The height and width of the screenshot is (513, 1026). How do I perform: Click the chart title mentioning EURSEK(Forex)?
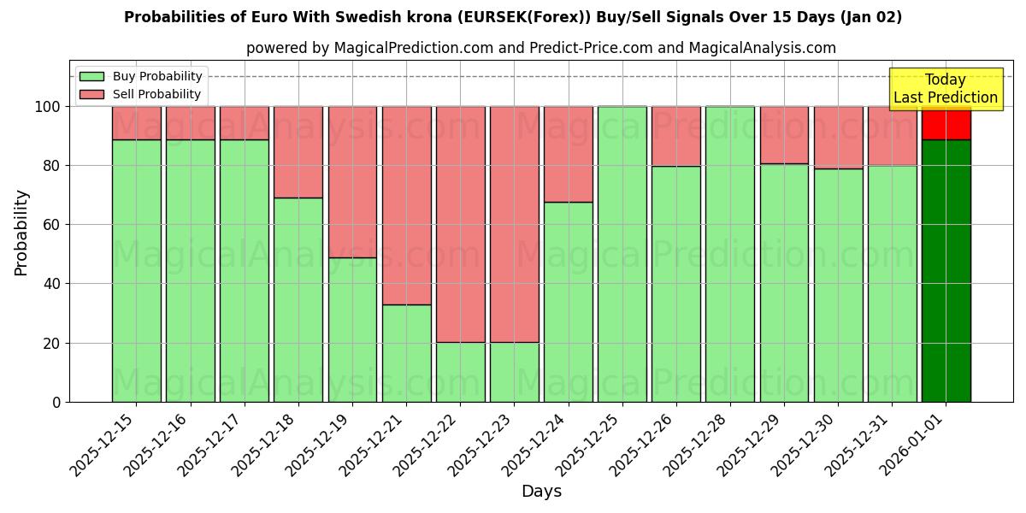click(513, 17)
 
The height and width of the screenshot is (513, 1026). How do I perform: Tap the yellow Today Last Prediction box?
click(945, 89)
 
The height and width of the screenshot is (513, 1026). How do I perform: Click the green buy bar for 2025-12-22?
click(460, 372)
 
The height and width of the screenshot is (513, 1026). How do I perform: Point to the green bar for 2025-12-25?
click(622, 254)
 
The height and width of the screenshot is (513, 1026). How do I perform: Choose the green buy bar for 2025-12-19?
click(352, 329)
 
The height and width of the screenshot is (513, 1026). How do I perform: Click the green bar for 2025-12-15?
click(136, 270)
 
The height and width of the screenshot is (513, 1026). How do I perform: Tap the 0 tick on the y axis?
click(56, 402)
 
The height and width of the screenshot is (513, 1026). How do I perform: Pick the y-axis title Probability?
click(21, 232)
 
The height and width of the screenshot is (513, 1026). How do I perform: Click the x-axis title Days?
click(541, 492)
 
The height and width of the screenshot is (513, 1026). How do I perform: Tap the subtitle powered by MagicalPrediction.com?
click(540, 48)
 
